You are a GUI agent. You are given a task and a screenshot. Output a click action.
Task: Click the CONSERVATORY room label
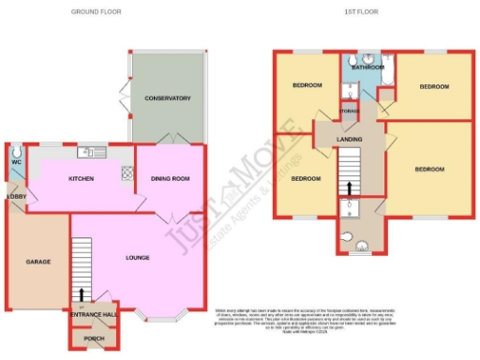pos(168,98)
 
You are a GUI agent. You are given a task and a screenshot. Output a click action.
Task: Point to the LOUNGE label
pos(137,257)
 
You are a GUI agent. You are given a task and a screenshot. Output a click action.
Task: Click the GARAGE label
pos(37,262)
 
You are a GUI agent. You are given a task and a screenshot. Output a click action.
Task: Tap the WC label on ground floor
pos(16,162)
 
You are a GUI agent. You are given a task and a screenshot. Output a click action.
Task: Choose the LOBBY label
pos(16,196)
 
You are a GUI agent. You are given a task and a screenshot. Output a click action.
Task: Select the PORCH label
pos(95,338)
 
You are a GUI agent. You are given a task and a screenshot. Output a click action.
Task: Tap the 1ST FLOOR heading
pos(372,12)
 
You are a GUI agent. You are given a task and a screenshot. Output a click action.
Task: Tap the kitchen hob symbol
pos(127,173)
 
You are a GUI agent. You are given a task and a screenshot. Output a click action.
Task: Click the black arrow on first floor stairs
pos(349,187)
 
